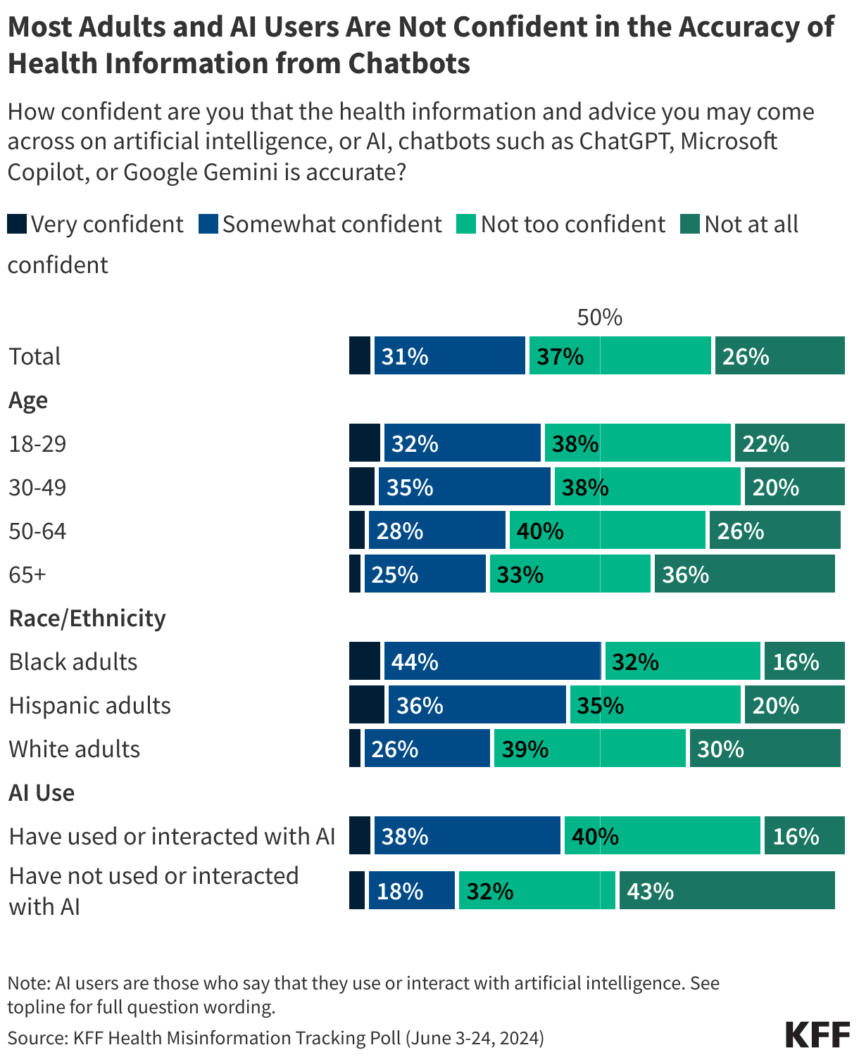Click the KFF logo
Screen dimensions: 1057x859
817,1034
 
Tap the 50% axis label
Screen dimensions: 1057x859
599,317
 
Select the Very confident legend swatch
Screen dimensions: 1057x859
17,224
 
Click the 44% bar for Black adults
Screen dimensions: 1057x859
491,661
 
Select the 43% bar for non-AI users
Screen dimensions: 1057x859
727,890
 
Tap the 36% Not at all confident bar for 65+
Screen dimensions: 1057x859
744,574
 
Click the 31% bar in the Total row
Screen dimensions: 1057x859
449,355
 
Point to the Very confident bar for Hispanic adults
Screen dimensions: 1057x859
366,704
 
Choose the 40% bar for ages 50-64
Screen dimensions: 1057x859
607,530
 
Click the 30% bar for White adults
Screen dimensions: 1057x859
765,748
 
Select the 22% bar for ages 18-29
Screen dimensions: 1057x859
789,443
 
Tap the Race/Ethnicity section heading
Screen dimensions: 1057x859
87,618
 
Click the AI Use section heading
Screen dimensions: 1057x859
42,792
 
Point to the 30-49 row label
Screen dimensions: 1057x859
37,487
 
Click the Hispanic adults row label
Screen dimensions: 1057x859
89,705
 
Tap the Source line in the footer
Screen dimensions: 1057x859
275,1037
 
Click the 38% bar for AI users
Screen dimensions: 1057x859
467,835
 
